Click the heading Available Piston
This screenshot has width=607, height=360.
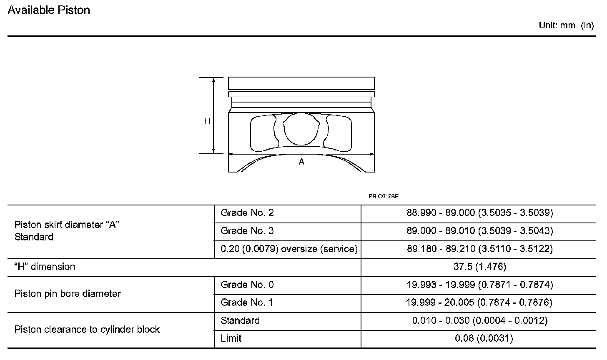[49, 10]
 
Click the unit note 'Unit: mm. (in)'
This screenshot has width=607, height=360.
[566, 25]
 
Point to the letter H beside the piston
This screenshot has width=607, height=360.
[207, 121]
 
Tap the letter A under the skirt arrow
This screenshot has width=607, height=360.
[301, 162]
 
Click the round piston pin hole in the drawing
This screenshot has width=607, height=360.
[301, 129]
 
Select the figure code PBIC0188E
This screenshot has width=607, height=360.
[384, 196]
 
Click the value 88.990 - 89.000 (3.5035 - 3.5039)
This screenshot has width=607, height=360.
[479, 213]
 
